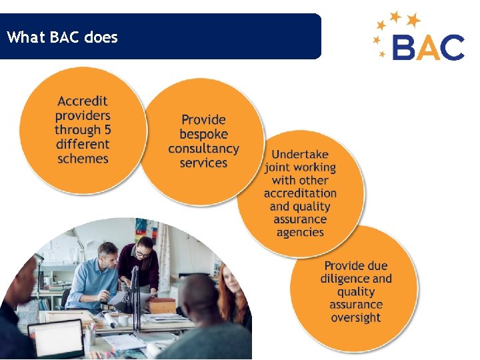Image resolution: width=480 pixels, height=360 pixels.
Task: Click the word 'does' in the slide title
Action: point(101,37)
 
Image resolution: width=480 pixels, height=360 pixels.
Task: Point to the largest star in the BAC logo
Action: point(414,19)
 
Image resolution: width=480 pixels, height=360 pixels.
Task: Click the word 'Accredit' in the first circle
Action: point(83,101)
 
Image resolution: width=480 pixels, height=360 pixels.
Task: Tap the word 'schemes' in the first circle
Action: point(83,159)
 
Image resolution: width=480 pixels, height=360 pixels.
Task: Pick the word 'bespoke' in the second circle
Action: point(203,134)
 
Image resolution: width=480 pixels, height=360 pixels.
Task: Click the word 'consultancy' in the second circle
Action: point(203,149)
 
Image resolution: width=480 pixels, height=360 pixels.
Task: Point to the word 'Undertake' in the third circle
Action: point(300,154)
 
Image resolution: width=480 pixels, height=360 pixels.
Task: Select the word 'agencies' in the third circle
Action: point(300,232)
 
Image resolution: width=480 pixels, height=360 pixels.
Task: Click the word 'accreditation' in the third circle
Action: point(300,193)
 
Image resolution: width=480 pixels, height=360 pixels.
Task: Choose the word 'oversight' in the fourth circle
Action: point(356,317)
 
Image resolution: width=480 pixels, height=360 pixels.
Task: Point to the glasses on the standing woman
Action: point(143,253)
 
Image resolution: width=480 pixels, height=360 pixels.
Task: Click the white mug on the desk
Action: point(123,321)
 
